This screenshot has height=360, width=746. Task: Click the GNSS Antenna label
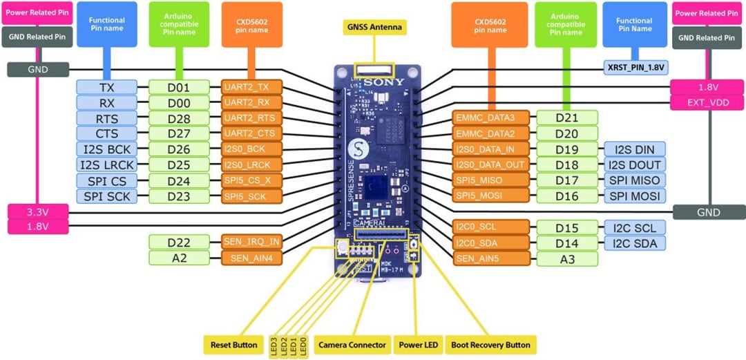[374, 28]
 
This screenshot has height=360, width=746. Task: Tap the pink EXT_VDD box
[708, 103]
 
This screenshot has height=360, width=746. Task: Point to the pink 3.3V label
[38, 211]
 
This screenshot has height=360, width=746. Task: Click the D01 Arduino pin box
[179, 87]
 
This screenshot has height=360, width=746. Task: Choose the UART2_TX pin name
[251, 87]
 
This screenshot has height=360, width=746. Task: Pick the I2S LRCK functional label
[107, 164]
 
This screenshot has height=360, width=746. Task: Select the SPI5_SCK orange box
[251, 196]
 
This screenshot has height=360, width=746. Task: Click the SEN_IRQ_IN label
[251, 241]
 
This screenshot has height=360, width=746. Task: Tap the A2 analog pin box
[179, 258]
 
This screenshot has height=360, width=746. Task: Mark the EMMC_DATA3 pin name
[491, 117]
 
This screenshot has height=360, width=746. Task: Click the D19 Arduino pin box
[566, 149]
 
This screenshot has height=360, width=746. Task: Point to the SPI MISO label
[634, 180]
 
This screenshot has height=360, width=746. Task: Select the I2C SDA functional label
[634, 243]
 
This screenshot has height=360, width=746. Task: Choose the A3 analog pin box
[566, 258]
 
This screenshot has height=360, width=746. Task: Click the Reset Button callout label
[233, 344]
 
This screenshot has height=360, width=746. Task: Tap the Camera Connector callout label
[352, 344]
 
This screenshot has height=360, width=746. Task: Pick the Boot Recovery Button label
[490, 344]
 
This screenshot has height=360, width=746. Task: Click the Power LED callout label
[419, 344]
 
